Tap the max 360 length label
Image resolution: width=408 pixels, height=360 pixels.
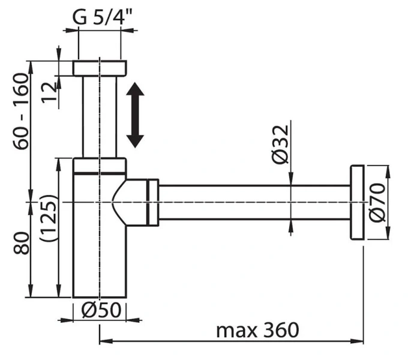pos(257,330)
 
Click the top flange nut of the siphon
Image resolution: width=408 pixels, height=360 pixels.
pos(100,67)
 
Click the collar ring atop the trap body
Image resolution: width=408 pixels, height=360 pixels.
pos(100,165)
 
